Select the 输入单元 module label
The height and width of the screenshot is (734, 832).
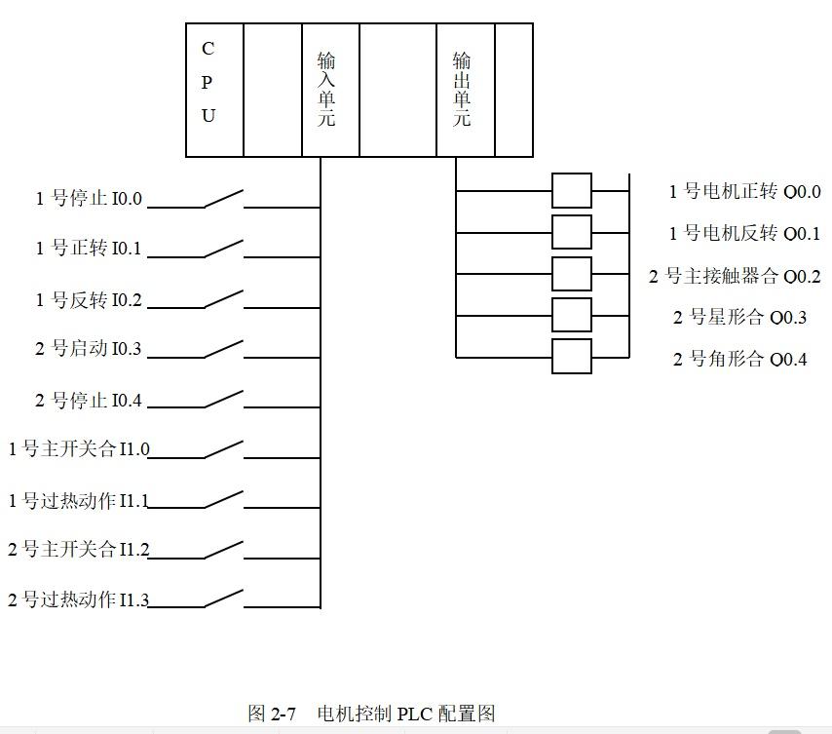click(326, 90)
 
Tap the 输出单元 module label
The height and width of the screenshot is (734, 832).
click(462, 90)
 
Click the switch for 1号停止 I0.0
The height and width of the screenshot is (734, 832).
click(223, 198)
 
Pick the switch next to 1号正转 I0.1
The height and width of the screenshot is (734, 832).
click(223, 249)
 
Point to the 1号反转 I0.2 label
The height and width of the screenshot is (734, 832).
click(89, 300)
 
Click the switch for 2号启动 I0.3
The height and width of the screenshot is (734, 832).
click(223, 349)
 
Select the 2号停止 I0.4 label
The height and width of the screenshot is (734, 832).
click(89, 401)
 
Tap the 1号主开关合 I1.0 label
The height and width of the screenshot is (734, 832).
click(79, 449)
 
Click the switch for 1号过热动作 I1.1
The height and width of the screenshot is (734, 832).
click(223, 500)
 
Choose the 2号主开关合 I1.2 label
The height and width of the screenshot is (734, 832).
click(79, 550)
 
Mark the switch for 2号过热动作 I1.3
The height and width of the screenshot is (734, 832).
click(223, 598)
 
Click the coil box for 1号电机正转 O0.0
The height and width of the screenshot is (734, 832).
click(572, 191)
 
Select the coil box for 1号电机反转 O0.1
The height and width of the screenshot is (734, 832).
click(572, 233)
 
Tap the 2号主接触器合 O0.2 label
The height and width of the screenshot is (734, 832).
click(735, 277)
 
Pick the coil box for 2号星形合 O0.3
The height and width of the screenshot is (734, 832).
click(572, 316)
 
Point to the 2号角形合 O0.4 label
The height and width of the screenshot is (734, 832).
click(739, 359)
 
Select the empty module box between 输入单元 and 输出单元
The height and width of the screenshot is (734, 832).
click(397, 90)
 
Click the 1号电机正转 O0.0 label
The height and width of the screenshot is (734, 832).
click(744, 192)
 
